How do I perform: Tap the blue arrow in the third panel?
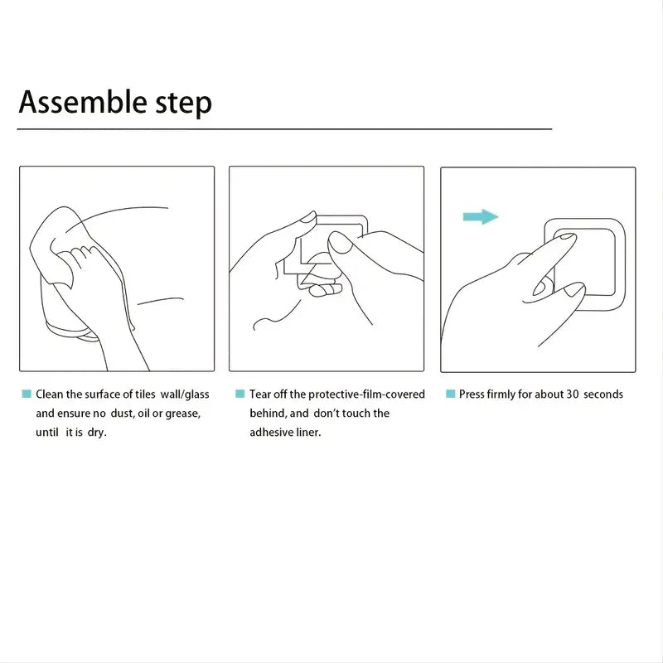481,217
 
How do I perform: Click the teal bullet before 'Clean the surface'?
27,394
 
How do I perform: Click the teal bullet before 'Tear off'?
240,394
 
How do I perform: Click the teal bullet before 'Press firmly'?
450,394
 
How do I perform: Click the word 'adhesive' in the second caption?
271,432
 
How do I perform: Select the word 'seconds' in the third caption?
603,394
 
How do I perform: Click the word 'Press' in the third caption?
473,394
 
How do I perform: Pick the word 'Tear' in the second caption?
260,394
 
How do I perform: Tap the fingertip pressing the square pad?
566,240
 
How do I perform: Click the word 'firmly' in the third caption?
506,394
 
